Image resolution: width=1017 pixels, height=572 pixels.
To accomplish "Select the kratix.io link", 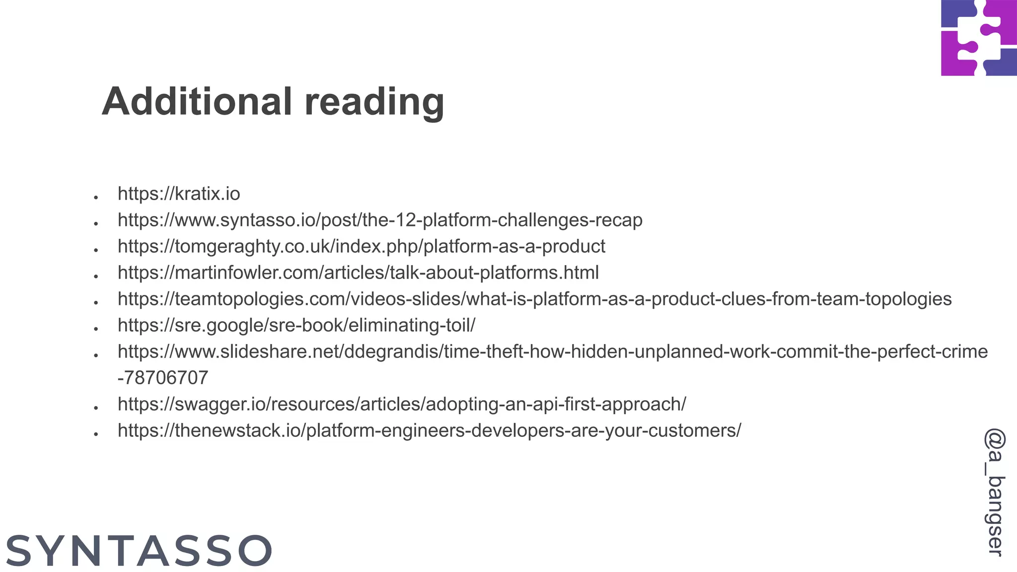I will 179,194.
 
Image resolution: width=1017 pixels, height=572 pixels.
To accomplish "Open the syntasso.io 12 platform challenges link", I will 380,220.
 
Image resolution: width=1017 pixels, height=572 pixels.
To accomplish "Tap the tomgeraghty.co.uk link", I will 362,246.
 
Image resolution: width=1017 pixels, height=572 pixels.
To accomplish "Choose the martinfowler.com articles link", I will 358,273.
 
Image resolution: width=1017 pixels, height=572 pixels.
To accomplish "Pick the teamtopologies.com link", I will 534,299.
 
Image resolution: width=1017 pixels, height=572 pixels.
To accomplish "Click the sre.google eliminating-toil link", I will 296,325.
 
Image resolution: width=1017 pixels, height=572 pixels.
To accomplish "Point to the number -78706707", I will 163,378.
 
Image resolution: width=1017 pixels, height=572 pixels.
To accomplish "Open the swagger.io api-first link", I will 402,404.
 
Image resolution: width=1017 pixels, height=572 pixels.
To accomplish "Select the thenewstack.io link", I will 429,430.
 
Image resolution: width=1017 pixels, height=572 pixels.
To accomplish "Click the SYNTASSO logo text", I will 139,551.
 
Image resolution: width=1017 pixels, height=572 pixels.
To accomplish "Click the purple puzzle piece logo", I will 979,38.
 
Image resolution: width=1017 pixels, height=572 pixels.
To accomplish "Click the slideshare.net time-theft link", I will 552,352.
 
